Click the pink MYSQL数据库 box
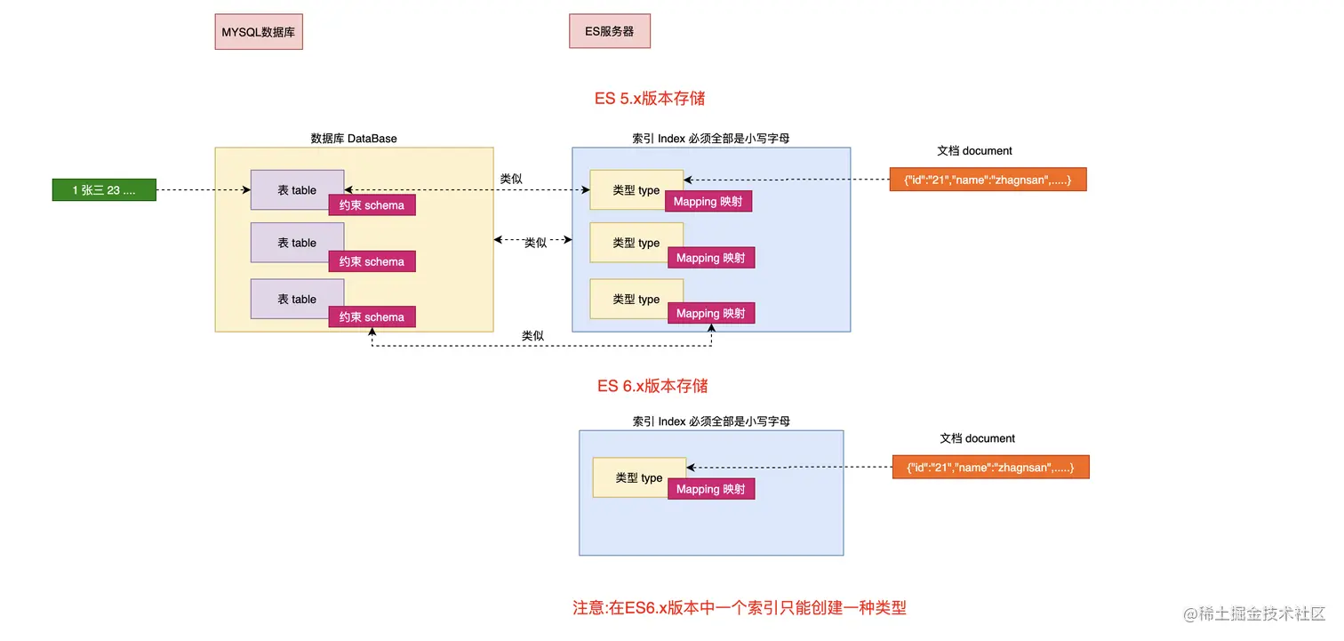(x=259, y=31)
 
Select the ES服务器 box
(x=610, y=30)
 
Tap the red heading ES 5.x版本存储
(x=650, y=99)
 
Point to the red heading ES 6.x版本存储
(x=652, y=386)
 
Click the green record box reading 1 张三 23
(x=104, y=190)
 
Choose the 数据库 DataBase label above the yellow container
(x=354, y=138)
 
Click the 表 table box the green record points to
(x=297, y=190)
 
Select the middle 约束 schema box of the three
(x=372, y=261)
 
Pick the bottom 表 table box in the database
(x=297, y=299)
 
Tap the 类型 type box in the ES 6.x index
(x=639, y=477)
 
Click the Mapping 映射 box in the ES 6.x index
(x=710, y=489)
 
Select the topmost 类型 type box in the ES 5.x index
(x=636, y=190)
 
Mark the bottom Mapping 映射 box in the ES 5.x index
(x=710, y=313)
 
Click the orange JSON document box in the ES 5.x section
(x=988, y=180)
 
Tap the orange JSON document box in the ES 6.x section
(x=990, y=468)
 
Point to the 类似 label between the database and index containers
(x=535, y=243)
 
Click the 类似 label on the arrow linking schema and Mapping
(x=532, y=336)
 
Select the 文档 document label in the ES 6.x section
(x=977, y=438)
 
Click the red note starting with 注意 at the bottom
(x=740, y=608)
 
